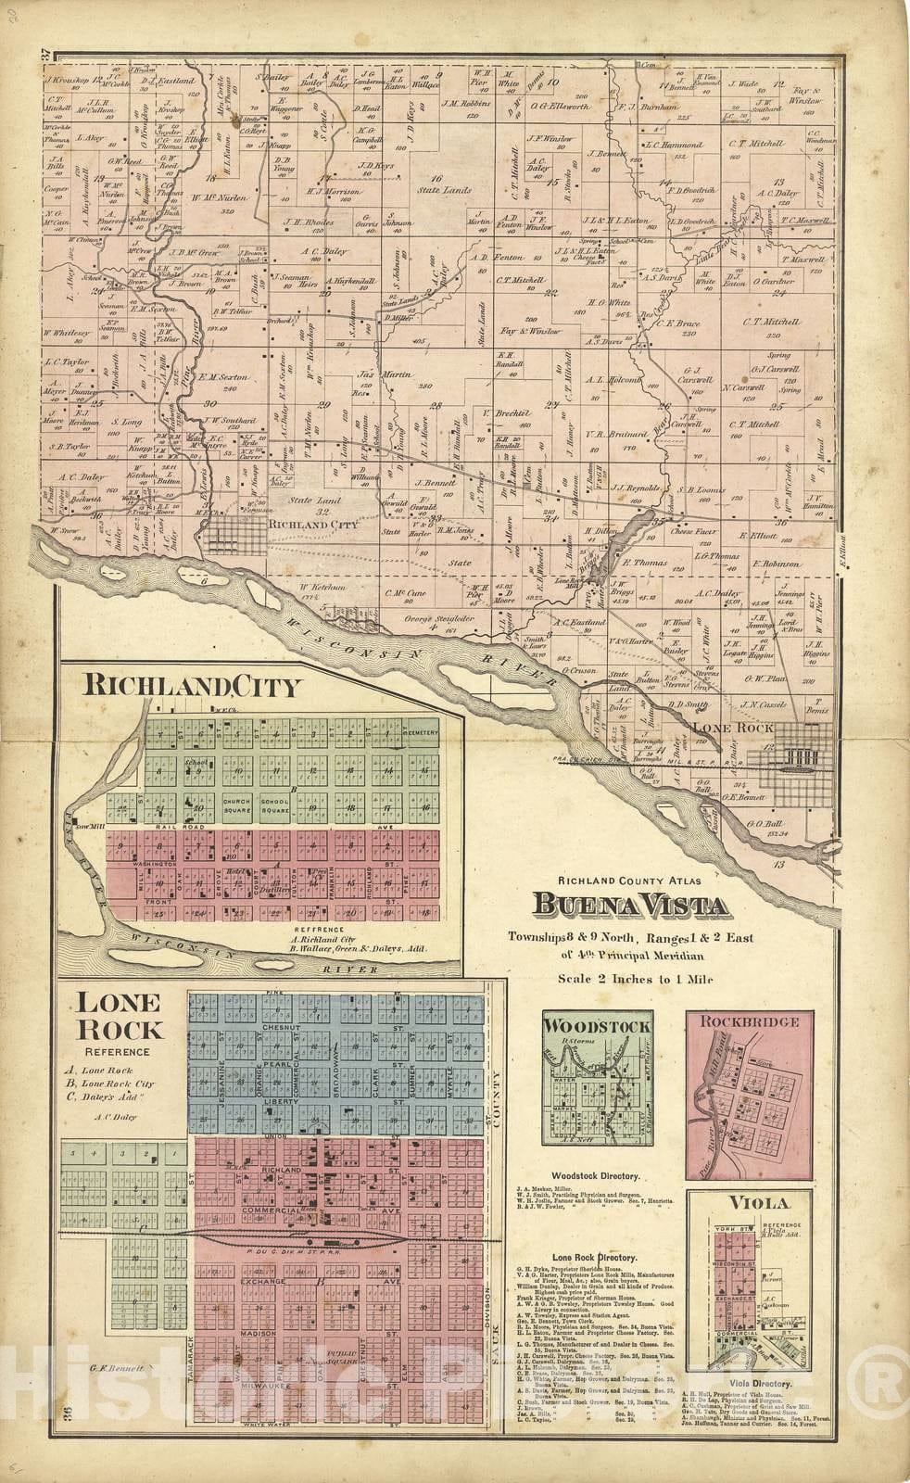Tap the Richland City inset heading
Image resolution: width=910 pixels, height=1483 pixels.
(x=192, y=687)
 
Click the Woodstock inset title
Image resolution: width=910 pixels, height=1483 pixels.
(x=596, y=1026)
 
